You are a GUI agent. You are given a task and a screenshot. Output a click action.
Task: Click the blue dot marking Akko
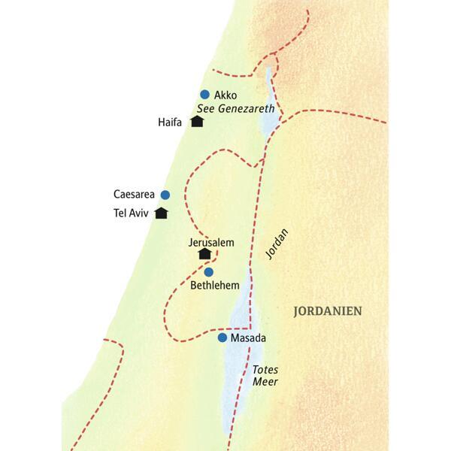point(204,95)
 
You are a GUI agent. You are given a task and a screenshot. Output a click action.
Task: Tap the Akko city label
point(225,95)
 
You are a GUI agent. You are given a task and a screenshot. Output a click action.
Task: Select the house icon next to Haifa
point(198,121)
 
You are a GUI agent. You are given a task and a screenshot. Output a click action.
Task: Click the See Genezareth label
point(236,109)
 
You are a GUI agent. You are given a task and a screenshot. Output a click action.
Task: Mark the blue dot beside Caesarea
point(165,195)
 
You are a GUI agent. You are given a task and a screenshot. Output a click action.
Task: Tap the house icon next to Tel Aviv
point(161,213)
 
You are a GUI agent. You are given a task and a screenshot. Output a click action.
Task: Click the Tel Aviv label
point(130,213)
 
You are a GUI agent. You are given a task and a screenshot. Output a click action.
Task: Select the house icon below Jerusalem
point(204,254)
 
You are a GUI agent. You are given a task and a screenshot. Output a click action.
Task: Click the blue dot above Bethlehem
point(209,271)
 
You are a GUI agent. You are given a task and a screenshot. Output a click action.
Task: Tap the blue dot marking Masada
point(222,337)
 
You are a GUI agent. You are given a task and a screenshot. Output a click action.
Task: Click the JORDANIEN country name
point(327,310)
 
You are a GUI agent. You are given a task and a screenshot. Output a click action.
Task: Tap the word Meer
point(265,383)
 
